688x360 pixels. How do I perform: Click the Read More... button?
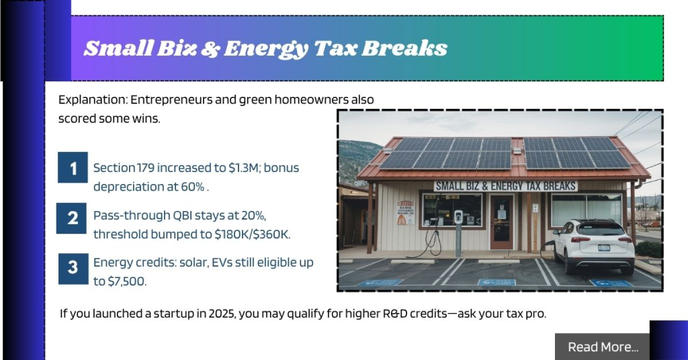point(603,347)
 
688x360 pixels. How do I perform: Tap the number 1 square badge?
point(73,168)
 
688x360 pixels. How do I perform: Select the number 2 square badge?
point(71,218)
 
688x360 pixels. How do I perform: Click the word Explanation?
point(91,99)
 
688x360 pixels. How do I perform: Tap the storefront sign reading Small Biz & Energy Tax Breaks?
point(505,185)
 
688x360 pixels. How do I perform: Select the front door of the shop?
point(501,221)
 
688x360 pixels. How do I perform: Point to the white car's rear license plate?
point(604,247)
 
